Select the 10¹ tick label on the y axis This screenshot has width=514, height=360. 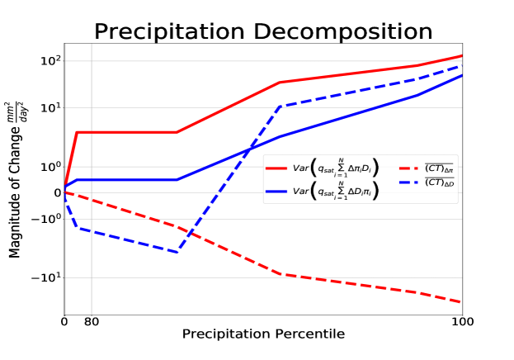pos(50,108)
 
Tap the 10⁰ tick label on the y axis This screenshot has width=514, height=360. pos(50,167)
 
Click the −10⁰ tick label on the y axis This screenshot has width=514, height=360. pos(47,219)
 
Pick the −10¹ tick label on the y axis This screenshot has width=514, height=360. pos(47,277)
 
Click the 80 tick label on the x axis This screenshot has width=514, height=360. pos(92,321)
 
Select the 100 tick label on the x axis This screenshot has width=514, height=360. pos(462,321)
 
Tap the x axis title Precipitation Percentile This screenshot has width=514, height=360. pos(263,334)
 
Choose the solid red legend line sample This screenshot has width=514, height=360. pos(277,168)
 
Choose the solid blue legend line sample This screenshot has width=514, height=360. pos(277,191)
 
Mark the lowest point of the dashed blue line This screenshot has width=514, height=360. pos(177,252)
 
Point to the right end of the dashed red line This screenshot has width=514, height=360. pos(462,302)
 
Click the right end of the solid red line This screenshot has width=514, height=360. pos(462,55)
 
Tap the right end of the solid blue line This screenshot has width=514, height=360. pos(462,75)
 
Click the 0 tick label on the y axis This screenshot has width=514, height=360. pos(57,193)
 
